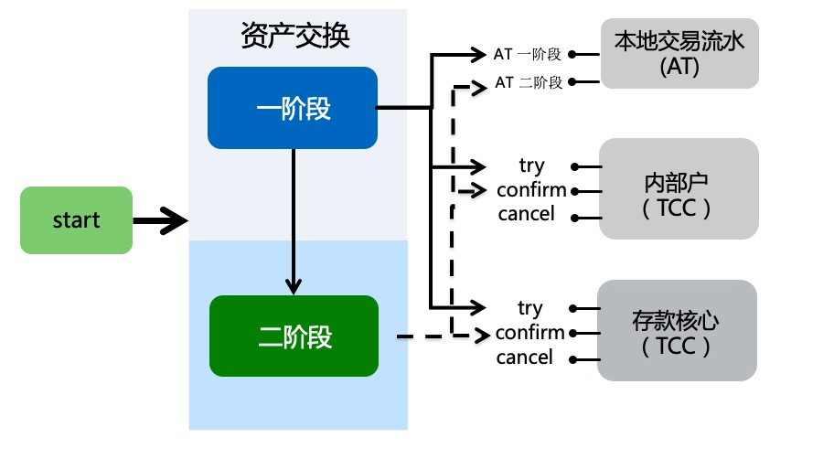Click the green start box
point(76,220)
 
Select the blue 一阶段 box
point(293,108)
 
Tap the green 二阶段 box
point(294,336)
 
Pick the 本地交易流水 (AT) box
point(679,55)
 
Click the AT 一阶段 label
point(527,54)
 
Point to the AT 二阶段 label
point(527,82)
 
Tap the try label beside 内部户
point(531,165)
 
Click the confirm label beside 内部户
point(531,190)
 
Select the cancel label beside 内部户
point(526,214)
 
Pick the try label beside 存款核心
point(529,308)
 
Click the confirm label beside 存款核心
point(529,333)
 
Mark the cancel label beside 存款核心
point(524,358)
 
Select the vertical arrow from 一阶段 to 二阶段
point(294,219)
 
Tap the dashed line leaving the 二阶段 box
point(421,336)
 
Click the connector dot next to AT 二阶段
point(572,82)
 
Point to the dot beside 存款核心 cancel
point(572,358)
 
